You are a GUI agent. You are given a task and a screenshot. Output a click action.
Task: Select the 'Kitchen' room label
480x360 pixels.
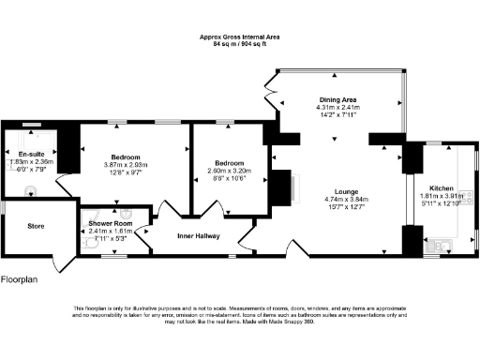point(440,187)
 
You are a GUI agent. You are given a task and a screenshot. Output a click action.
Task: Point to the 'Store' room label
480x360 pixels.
point(36,226)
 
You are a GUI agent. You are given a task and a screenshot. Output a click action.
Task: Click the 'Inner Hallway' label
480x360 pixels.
point(199,235)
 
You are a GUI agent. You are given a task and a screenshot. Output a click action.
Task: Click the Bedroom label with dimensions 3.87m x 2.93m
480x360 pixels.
point(124,157)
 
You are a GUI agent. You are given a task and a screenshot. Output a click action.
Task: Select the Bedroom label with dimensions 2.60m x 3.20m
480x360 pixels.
point(230,162)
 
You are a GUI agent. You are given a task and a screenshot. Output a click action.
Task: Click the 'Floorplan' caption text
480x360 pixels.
point(20,279)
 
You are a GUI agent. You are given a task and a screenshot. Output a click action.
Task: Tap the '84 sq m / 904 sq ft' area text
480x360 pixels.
point(239,43)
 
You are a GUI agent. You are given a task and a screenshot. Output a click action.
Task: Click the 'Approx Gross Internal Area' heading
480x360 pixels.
point(239,37)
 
